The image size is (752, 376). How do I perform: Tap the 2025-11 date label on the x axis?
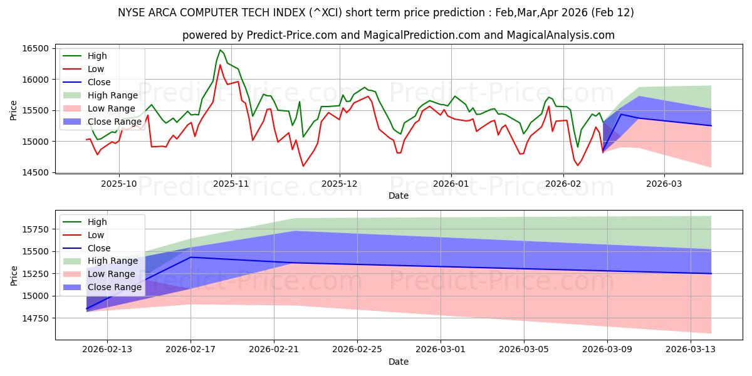pyautogui.click(x=231, y=184)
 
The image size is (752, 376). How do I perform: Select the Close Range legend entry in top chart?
pyautogui.click(x=113, y=122)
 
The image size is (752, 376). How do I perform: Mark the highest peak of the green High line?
pyautogui.click(x=220, y=50)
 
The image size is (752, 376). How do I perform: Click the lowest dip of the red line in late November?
pyautogui.click(x=303, y=166)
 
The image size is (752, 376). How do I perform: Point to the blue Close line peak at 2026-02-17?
pyautogui.click(x=191, y=257)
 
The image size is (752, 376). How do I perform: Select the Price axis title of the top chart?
pyautogui.click(x=14, y=110)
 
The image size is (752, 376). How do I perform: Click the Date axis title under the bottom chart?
pyautogui.click(x=398, y=362)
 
